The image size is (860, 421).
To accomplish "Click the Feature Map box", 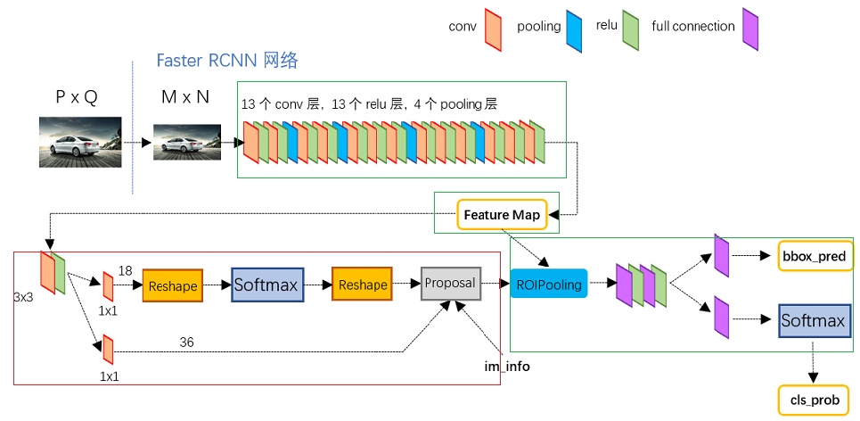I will (x=498, y=215).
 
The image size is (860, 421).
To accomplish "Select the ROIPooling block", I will (x=549, y=284).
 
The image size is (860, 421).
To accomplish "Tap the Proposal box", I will (x=450, y=283).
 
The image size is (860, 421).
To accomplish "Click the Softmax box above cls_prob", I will (x=812, y=319).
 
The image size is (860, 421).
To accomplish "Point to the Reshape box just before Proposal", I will (x=363, y=285).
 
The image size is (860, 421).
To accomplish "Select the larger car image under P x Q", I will (x=79, y=140).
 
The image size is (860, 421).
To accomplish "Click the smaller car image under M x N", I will (x=185, y=142).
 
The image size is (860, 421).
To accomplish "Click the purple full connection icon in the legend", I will (x=749, y=26).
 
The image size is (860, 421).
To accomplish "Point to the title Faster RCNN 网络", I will (x=227, y=61).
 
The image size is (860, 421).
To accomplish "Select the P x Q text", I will (x=77, y=97).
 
